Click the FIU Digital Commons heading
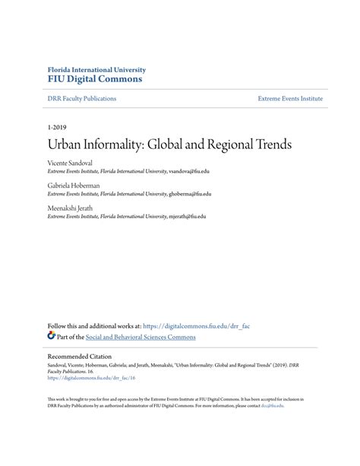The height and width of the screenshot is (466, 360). coord(94,78)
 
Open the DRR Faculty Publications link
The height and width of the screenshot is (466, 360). coord(72,99)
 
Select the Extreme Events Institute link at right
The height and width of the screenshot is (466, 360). coord(290,99)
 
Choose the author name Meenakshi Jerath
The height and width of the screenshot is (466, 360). coord(74,207)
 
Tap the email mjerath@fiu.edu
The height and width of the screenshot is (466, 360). coord(186,216)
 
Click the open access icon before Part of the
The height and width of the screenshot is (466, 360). coord(52,336)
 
